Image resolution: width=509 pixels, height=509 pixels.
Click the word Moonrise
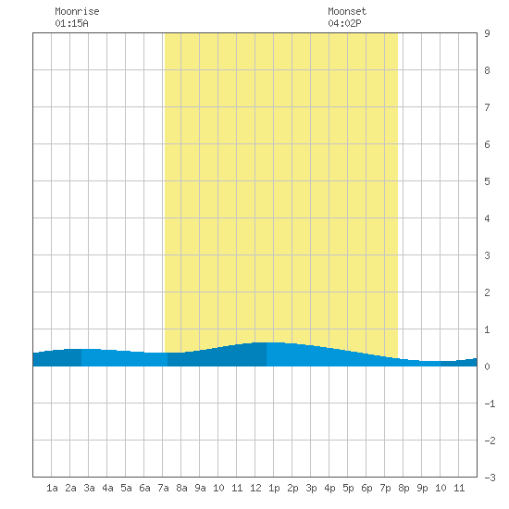point(77,11)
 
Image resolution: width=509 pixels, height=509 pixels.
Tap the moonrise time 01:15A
point(71,23)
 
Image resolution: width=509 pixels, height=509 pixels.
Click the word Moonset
point(347,11)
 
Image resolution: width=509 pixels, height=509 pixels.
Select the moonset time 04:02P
point(344,23)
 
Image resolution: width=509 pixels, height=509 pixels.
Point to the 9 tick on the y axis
point(487,33)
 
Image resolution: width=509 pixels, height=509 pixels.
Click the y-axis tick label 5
point(487,181)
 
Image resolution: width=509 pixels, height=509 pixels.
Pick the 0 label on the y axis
point(487,366)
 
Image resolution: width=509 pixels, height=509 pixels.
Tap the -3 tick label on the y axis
point(490,478)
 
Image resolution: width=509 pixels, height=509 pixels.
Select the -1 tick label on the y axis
point(490,403)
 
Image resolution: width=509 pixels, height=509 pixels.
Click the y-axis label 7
point(487,107)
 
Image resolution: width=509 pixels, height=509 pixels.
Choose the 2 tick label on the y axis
point(487,292)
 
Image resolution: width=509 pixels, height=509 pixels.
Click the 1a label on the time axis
point(52,488)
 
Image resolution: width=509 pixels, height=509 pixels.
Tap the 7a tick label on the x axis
point(163,488)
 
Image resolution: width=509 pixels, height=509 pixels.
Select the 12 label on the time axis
point(255,488)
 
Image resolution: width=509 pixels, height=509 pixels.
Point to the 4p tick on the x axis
point(329,488)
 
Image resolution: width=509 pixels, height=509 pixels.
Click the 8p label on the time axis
point(403,488)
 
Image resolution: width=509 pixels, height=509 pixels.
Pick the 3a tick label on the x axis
point(89,488)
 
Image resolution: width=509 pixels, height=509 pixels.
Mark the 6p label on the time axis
point(366,488)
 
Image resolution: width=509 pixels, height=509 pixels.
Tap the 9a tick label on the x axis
point(200,488)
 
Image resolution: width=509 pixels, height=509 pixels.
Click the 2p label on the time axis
point(292,488)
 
